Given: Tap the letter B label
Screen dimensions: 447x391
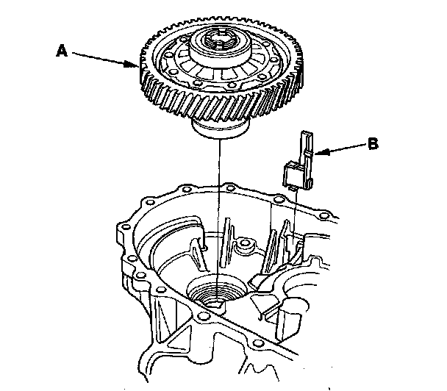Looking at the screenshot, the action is pos(373,145).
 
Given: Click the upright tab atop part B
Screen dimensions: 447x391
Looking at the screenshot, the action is pos(304,144).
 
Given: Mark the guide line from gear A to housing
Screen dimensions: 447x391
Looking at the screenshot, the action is pos(218,213).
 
